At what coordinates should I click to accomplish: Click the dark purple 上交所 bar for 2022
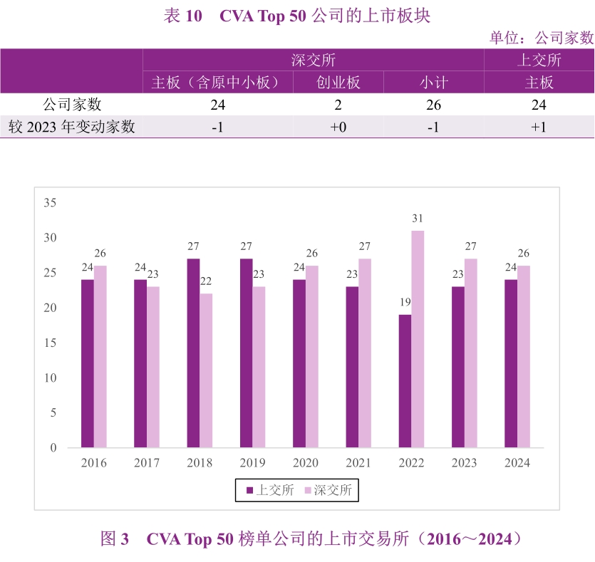[x=405, y=381]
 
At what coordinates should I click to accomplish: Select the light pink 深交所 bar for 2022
[x=418, y=339]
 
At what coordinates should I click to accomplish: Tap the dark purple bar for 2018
[x=193, y=353]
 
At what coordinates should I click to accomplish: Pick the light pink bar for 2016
[x=100, y=357]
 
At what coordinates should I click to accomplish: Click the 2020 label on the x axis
[x=306, y=463]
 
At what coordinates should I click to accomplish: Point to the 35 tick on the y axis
[x=50, y=203]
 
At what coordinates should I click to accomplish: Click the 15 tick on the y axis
[x=50, y=343]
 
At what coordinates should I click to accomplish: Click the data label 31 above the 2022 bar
[x=418, y=218]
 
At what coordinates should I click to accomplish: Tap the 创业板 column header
[x=338, y=83]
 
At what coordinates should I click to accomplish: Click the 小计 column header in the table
[x=433, y=83]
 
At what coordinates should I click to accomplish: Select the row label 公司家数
[x=71, y=105]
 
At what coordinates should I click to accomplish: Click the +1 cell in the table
[x=539, y=127]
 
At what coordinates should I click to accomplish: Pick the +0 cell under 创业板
[x=338, y=127]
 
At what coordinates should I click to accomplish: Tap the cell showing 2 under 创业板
[x=338, y=105]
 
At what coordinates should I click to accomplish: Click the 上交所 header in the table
[x=539, y=60]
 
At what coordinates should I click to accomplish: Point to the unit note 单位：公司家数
[x=542, y=38]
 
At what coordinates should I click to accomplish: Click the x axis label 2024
[x=517, y=463]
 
